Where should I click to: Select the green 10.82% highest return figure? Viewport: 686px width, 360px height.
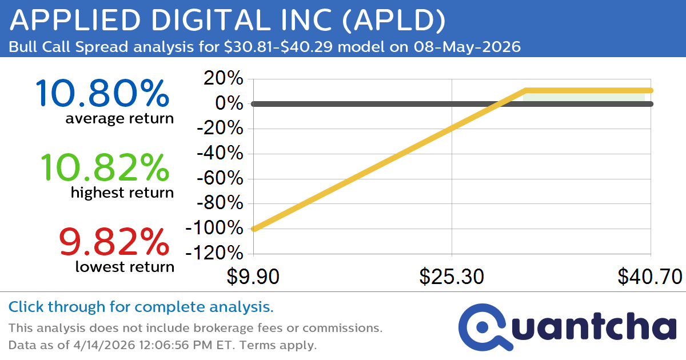105,167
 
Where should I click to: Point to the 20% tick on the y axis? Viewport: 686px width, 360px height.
224,79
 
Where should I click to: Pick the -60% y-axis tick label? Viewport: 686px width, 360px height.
220,179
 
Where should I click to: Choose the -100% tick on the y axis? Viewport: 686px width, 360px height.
214,229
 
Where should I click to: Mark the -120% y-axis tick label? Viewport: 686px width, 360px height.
214,253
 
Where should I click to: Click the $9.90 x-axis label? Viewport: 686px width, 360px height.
253,277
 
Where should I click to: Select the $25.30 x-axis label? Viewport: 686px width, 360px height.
452,277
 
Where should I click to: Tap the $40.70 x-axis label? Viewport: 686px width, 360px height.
650,277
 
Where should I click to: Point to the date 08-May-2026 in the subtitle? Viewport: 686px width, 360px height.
465,47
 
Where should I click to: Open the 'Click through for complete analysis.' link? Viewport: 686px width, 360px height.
141,307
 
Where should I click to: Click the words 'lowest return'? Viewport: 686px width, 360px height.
124,266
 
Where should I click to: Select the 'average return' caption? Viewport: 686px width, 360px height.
119,118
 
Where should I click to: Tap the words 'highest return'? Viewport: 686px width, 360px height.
122,193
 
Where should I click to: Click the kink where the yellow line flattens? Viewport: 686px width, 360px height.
525,90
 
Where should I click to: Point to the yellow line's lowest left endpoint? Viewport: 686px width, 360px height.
254,229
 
